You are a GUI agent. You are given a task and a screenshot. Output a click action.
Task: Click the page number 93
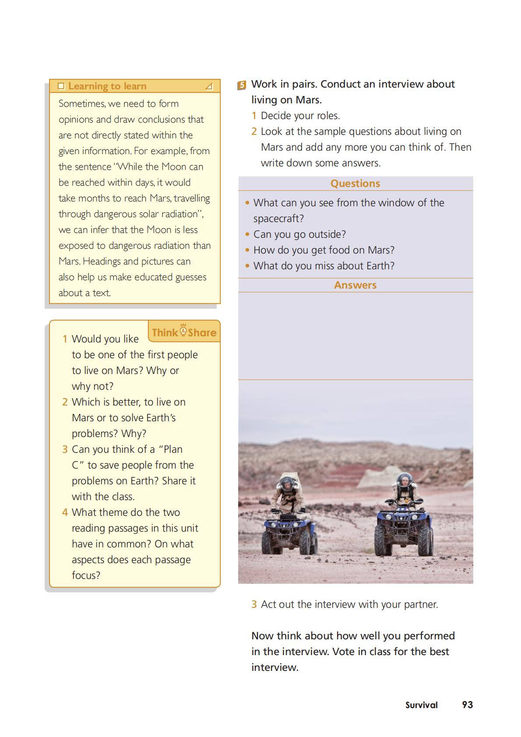click(467, 705)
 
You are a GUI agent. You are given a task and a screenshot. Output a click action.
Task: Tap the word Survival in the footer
click(421, 705)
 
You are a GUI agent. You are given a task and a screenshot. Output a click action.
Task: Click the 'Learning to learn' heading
click(107, 86)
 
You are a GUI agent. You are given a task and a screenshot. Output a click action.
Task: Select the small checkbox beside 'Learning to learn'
click(61, 86)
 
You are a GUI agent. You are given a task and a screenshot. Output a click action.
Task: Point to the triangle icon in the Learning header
click(209, 86)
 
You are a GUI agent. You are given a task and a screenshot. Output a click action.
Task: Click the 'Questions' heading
click(355, 183)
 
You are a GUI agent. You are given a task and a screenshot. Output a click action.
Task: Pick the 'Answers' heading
click(355, 285)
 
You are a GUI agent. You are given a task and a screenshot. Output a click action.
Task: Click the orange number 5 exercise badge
click(242, 85)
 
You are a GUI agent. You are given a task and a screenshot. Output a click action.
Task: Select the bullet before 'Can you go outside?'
click(247, 235)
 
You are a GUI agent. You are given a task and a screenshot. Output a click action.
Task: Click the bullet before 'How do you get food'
click(247, 250)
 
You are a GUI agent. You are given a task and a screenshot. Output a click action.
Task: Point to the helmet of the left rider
click(286, 483)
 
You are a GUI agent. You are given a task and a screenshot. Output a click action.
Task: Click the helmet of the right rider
click(404, 480)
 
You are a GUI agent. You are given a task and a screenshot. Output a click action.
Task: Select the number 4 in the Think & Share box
click(65, 512)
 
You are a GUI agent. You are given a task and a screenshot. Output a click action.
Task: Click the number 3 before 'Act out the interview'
click(254, 604)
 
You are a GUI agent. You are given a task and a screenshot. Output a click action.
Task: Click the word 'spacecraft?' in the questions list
click(278, 219)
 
